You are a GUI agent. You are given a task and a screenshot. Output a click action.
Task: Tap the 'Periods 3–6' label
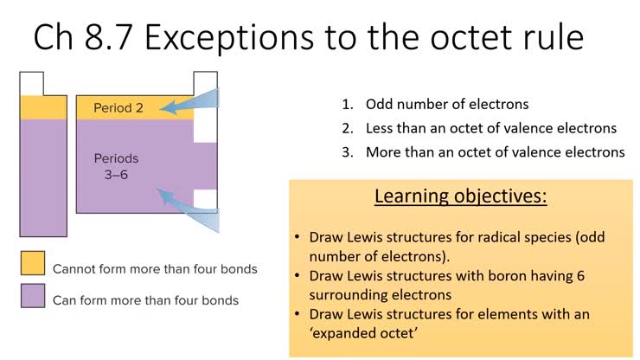tap(116, 166)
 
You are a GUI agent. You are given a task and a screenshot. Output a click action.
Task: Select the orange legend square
tap(32, 264)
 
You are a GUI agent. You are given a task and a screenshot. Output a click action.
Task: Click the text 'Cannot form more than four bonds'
tap(155, 269)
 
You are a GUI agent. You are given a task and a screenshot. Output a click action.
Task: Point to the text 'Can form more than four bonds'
tap(145, 300)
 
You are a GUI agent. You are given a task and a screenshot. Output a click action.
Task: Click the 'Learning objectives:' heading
tap(460, 196)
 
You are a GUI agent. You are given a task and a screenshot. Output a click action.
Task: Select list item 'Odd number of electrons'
tap(446, 105)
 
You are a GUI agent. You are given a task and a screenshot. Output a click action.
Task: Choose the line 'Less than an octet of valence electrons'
tap(490, 128)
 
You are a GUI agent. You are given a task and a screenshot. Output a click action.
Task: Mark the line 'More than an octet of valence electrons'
tap(494, 151)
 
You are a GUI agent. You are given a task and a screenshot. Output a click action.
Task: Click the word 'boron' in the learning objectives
tap(503, 276)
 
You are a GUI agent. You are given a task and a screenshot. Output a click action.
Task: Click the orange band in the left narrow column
tap(43, 106)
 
